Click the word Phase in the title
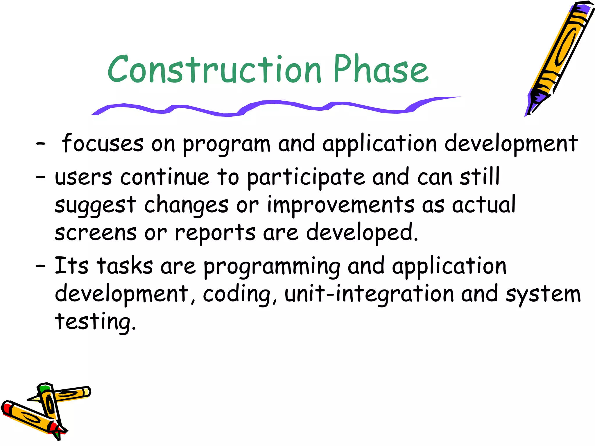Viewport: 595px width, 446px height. click(x=381, y=70)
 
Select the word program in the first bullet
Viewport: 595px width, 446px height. click(x=227, y=144)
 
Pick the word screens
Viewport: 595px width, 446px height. click(x=96, y=233)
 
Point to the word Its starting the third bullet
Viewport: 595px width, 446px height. click(x=71, y=266)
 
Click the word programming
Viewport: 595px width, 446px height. click(x=272, y=267)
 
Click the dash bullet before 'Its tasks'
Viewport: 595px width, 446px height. click(x=40, y=265)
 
